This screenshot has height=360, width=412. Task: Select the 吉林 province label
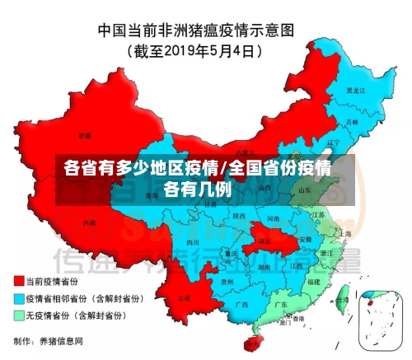352,122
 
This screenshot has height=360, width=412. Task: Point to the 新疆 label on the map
86,134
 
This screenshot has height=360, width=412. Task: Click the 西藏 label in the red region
89,222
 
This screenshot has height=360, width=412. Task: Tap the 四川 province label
193,244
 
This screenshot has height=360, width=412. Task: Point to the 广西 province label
242,305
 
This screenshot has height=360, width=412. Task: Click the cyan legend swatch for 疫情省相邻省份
19,298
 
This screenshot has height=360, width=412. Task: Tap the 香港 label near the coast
299,319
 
